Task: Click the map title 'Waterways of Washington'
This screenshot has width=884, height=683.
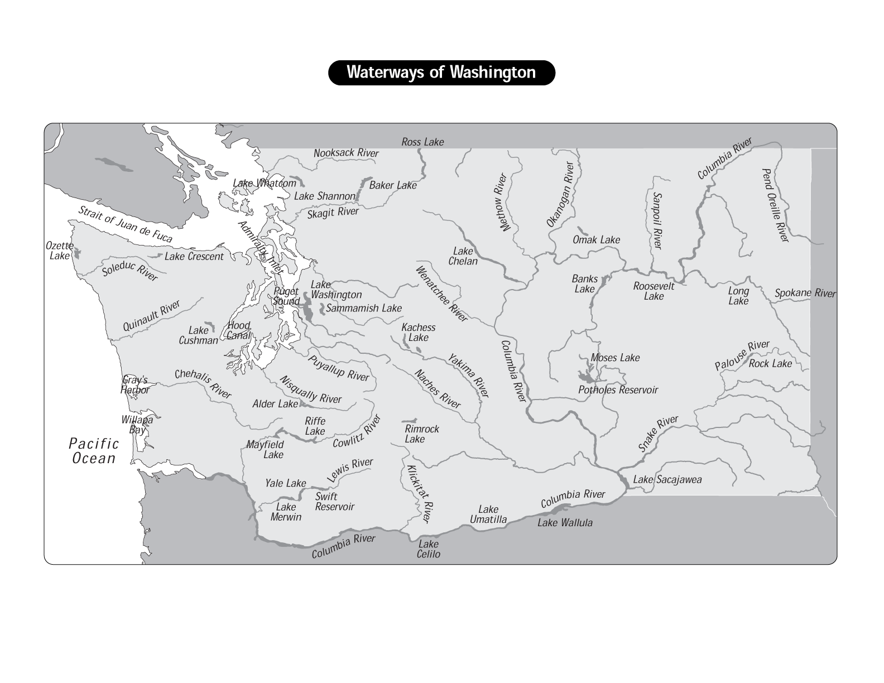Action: tap(441, 73)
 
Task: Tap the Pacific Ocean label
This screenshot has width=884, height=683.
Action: tap(94, 451)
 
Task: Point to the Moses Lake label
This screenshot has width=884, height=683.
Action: tap(615, 358)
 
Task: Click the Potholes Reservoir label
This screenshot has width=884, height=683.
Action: tap(618, 390)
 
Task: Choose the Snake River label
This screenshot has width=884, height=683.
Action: tap(659, 434)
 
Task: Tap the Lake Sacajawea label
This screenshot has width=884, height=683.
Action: tap(667, 480)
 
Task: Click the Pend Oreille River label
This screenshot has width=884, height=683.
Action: tap(775, 205)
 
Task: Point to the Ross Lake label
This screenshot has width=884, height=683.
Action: tap(422, 142)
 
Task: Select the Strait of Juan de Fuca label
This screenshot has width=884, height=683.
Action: tap(125, 224)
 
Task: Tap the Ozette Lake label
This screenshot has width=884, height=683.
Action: tap(59, 251)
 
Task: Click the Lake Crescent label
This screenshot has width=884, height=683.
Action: tap(194, 257)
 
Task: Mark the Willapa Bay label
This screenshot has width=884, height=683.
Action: tap(137, 425)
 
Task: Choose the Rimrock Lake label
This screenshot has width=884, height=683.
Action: tap(421, 434)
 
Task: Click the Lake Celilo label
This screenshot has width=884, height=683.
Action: tap(428, 549)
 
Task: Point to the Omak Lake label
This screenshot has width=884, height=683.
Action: tap(596, 240)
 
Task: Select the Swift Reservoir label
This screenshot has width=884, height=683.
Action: tap(334, 502)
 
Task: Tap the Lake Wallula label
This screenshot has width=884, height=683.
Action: tap(565, 523)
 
